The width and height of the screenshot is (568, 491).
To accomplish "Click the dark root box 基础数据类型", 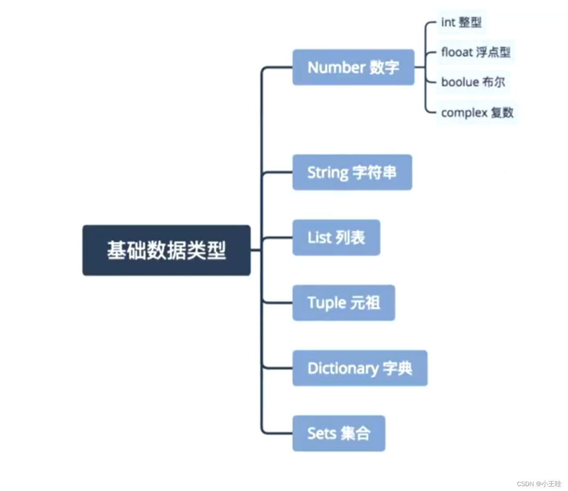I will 166,250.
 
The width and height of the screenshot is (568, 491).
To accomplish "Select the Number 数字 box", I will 353,67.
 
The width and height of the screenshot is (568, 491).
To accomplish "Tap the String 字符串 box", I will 352,172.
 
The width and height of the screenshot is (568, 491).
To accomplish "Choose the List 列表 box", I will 336,237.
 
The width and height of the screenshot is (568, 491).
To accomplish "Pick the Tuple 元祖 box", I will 343,303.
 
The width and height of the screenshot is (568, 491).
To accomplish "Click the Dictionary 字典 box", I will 360,368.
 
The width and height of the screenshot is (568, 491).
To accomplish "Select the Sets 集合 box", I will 338,433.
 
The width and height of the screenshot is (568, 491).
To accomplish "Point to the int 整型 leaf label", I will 461,22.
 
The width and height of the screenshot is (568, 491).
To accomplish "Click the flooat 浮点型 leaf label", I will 475,52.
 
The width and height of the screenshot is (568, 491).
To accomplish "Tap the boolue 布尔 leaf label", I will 473,82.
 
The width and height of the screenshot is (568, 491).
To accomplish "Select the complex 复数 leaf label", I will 477,112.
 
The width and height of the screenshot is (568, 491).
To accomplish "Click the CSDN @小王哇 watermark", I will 539,484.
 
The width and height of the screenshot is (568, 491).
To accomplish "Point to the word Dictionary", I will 343,368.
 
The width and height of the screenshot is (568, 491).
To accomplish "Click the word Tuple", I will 327,303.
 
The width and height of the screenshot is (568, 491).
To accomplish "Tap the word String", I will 328,173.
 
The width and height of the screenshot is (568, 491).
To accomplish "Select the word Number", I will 336,67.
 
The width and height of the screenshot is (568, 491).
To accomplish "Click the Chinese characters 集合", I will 356,433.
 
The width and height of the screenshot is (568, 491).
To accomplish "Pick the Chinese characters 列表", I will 350,237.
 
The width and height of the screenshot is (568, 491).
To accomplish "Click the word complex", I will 464,113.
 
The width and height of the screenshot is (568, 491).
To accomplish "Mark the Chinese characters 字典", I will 398,368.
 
